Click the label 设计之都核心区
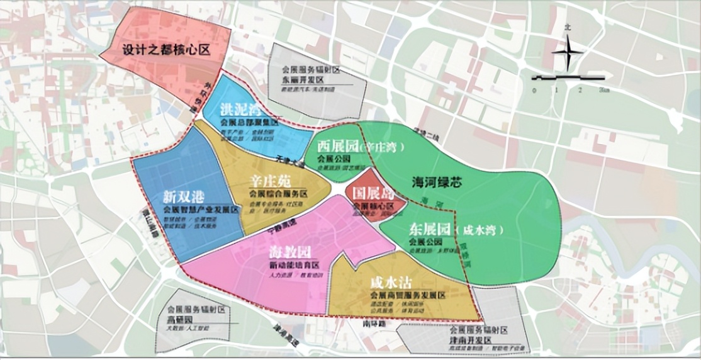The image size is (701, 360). coord(165,49)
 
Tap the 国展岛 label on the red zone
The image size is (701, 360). coord(373,193)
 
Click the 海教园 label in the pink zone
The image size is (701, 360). coord(289,252)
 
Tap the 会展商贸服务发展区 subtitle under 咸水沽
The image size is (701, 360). coord(408,295)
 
